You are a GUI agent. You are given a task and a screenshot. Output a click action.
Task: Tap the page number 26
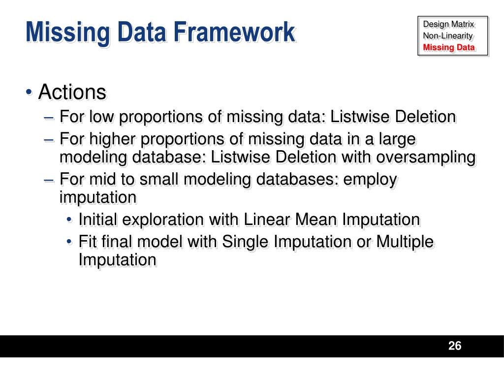click(455, 346)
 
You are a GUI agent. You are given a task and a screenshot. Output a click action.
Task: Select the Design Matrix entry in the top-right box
click(448, 24)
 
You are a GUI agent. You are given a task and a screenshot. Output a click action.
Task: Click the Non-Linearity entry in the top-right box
click(448, 36)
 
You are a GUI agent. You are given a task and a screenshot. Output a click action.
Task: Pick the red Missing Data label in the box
click(449, 48)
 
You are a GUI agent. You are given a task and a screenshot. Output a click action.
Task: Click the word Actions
click(72, 92)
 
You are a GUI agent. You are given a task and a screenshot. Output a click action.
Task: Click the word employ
click(370, 180)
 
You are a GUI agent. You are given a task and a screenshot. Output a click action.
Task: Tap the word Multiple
click(405, 242)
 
